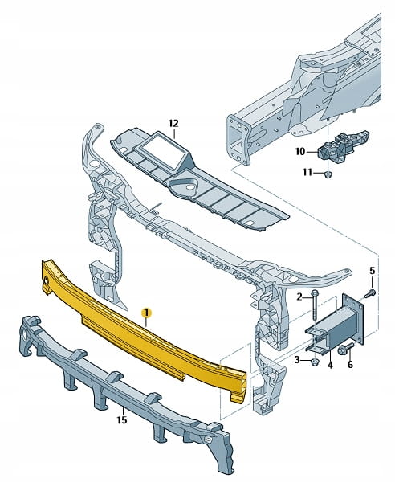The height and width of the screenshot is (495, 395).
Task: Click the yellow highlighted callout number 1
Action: click(x=147, y=313)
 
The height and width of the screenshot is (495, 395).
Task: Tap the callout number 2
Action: click(x=299, y=297)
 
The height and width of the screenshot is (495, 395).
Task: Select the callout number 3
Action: click(x=297, y=359)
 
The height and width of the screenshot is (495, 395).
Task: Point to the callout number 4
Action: click(x=330, y=366)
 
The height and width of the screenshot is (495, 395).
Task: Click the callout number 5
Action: click(x=373, y=271)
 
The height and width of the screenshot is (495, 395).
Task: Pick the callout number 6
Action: click(x=350, y=365)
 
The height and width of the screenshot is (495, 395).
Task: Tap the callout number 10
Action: click(x=300, y=152)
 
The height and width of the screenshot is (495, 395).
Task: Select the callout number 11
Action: click(x=307, y=172)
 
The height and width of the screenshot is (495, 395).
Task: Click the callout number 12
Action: click(x=173, y=123)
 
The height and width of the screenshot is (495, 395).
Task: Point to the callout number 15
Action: click(x=122, y=420)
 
